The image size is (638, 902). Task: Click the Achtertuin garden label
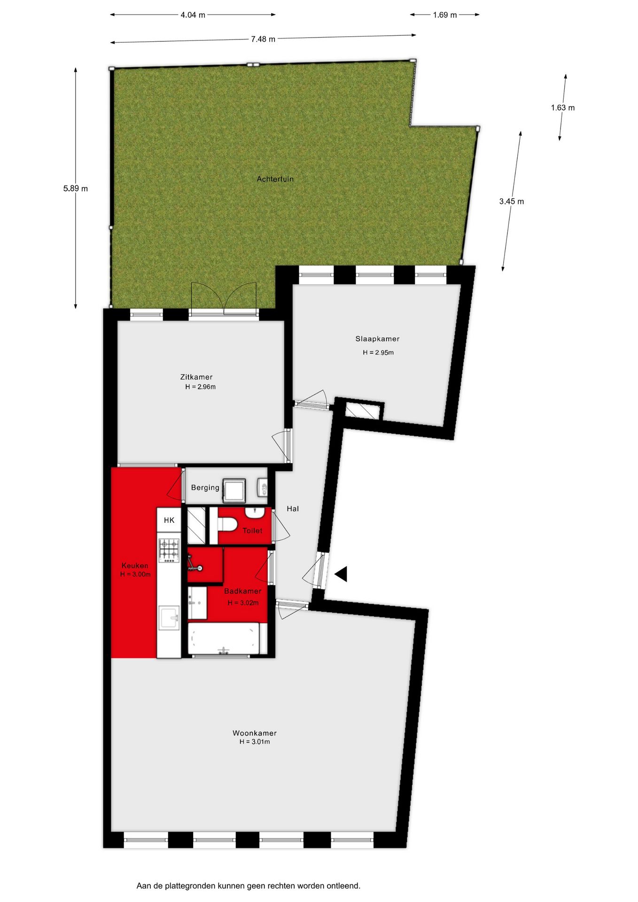275,179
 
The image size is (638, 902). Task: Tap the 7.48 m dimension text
263,39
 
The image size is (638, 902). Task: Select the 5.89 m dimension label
76,189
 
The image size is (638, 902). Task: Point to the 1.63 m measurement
563,108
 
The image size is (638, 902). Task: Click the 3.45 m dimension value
512,202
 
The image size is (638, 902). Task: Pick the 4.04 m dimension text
193,15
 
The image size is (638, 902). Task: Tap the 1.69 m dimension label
444,15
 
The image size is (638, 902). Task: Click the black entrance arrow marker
341,574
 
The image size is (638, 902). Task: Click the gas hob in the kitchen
169,550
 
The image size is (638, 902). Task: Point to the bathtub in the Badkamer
224,638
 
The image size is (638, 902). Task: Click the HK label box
169,520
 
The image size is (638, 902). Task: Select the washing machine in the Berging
234,490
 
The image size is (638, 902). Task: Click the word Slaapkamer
377,339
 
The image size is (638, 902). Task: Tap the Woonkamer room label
255,733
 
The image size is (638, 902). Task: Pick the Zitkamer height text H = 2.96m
200,387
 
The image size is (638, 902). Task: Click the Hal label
293,509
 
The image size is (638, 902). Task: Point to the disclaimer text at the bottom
249,886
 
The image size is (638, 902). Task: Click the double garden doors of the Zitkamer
224,299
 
